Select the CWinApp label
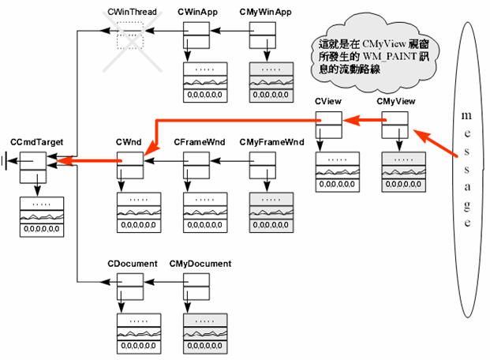tap(196, 13)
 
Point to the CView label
tap(327, 103)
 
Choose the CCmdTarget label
tap(36, 142)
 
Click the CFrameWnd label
tap(197, 142)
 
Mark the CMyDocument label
tap(199, 263)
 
